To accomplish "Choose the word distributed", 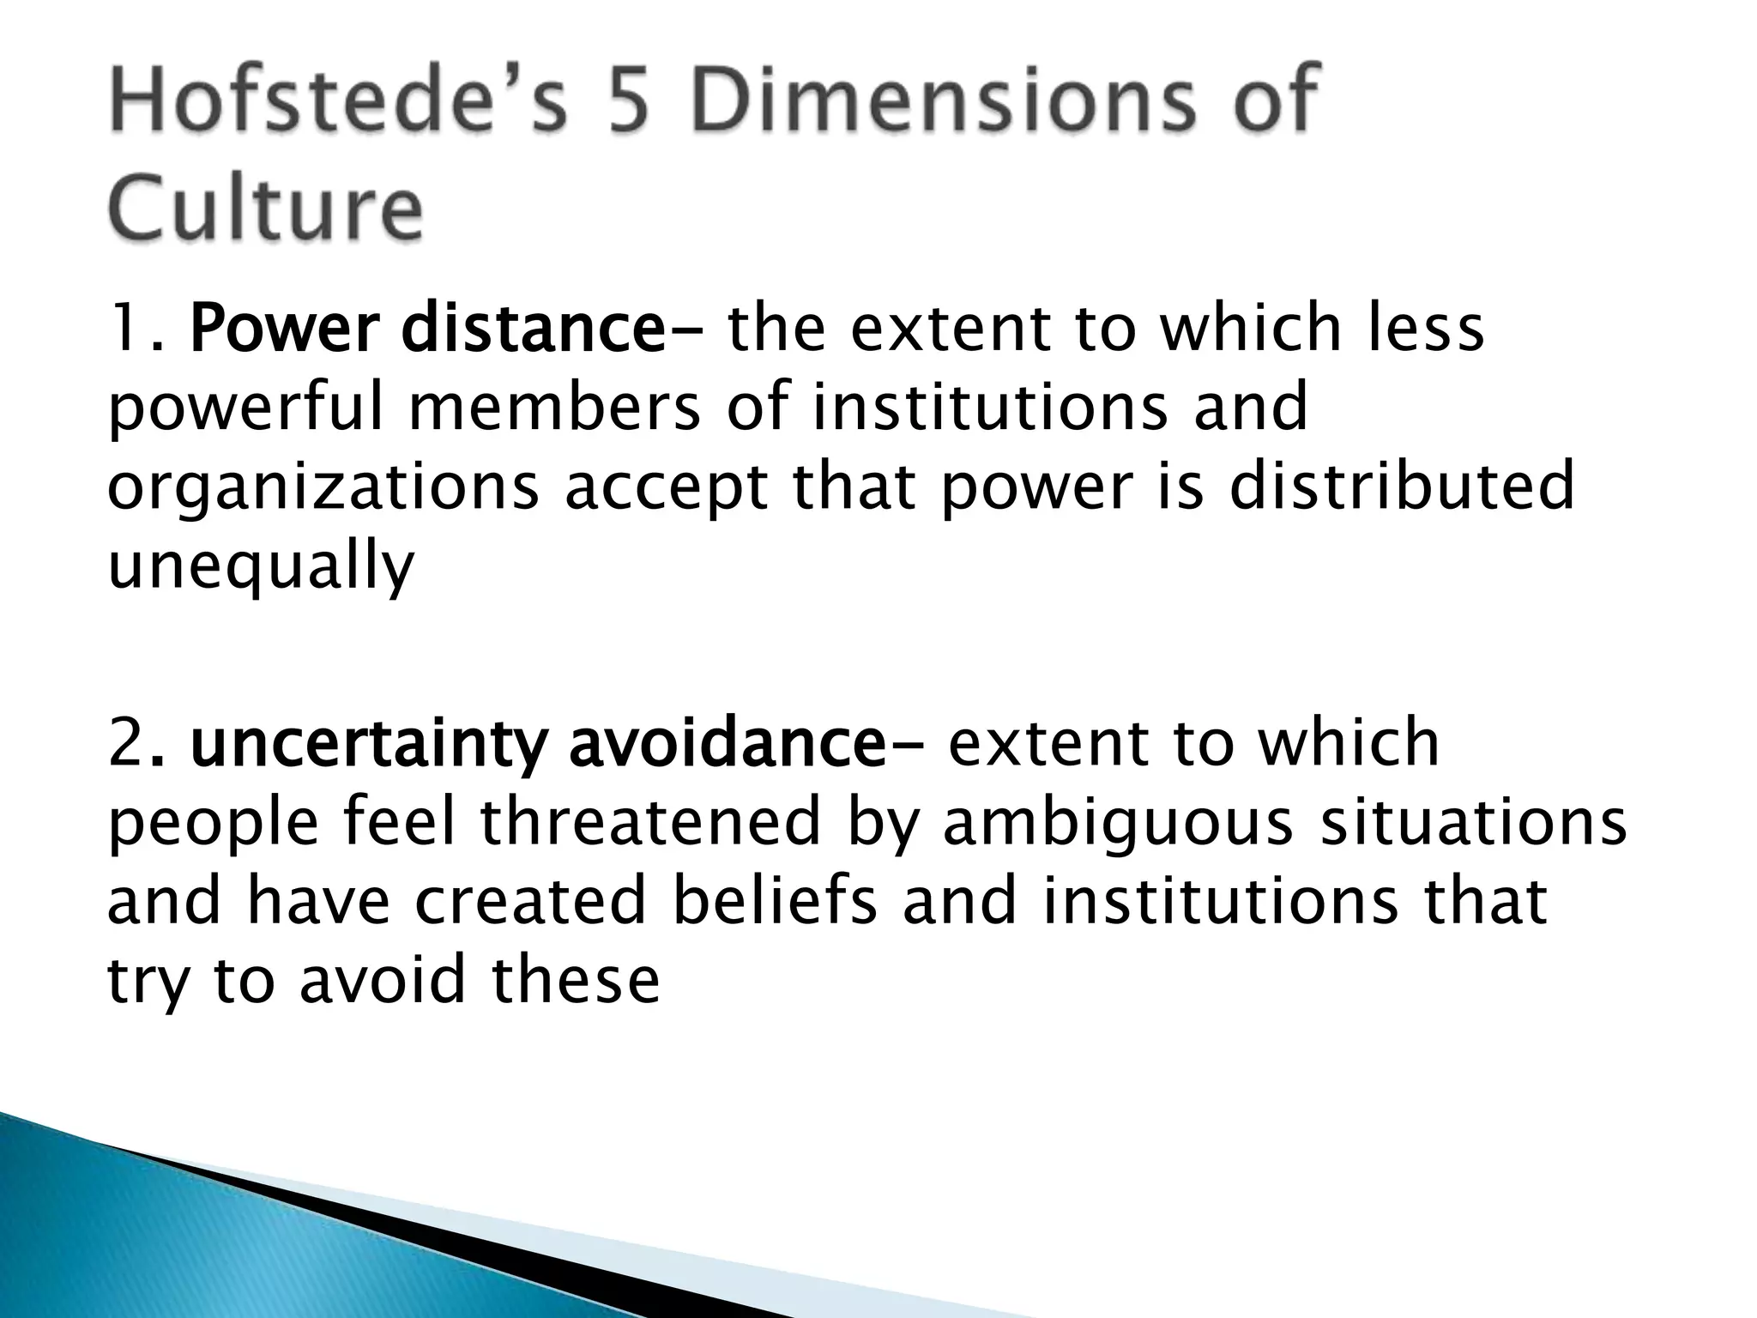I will (1403, 486).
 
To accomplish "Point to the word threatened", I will (650, 822).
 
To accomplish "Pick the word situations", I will (1472, 820).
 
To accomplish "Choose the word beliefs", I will (775, 901).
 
